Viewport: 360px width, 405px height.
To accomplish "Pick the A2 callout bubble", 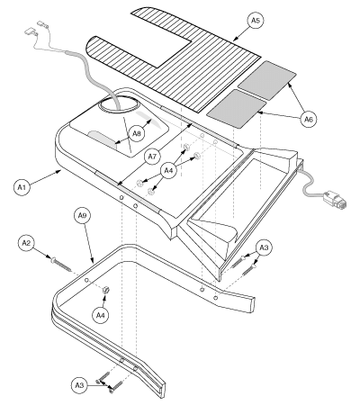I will tap(26, 243).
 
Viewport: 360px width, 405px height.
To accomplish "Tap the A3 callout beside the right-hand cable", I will tap(263, 247).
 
